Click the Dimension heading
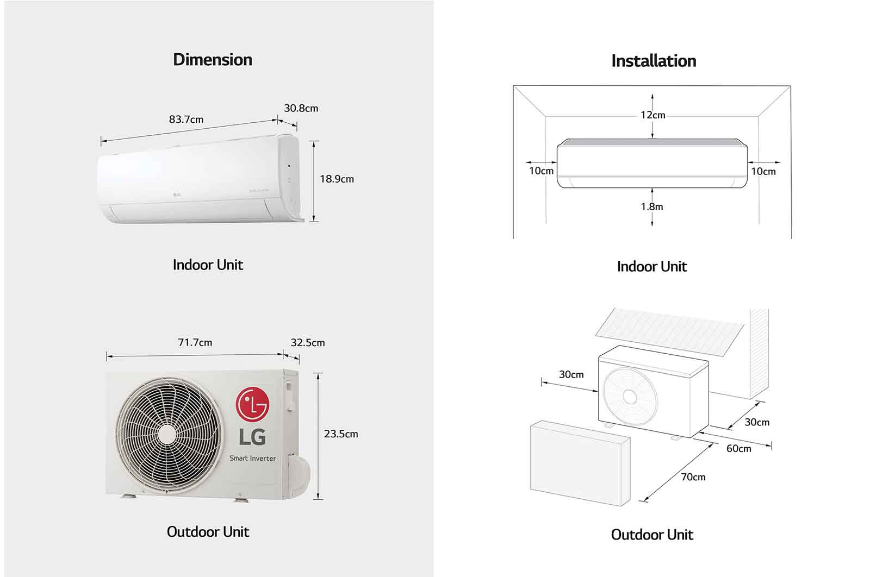coord(212,59)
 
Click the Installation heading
coord(653,61)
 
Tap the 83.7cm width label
coord(186,120)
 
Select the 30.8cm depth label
coord(301,108)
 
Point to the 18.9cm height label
coord(337,179)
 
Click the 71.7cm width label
coord(195,342)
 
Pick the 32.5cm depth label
coord(307,342)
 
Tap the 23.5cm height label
coord(341,434)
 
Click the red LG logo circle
coord(252,404)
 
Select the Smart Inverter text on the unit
coord(252,458)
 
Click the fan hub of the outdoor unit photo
coord(167,433)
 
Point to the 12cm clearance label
coord(652,115)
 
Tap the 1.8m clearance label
coord(651,206)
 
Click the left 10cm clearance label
coord(541,171)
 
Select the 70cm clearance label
coord(693,477)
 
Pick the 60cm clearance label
coord(738,448)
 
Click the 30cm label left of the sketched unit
coord(571,374)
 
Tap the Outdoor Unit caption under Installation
coord(651,535)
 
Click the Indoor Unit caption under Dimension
coord(208,265)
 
